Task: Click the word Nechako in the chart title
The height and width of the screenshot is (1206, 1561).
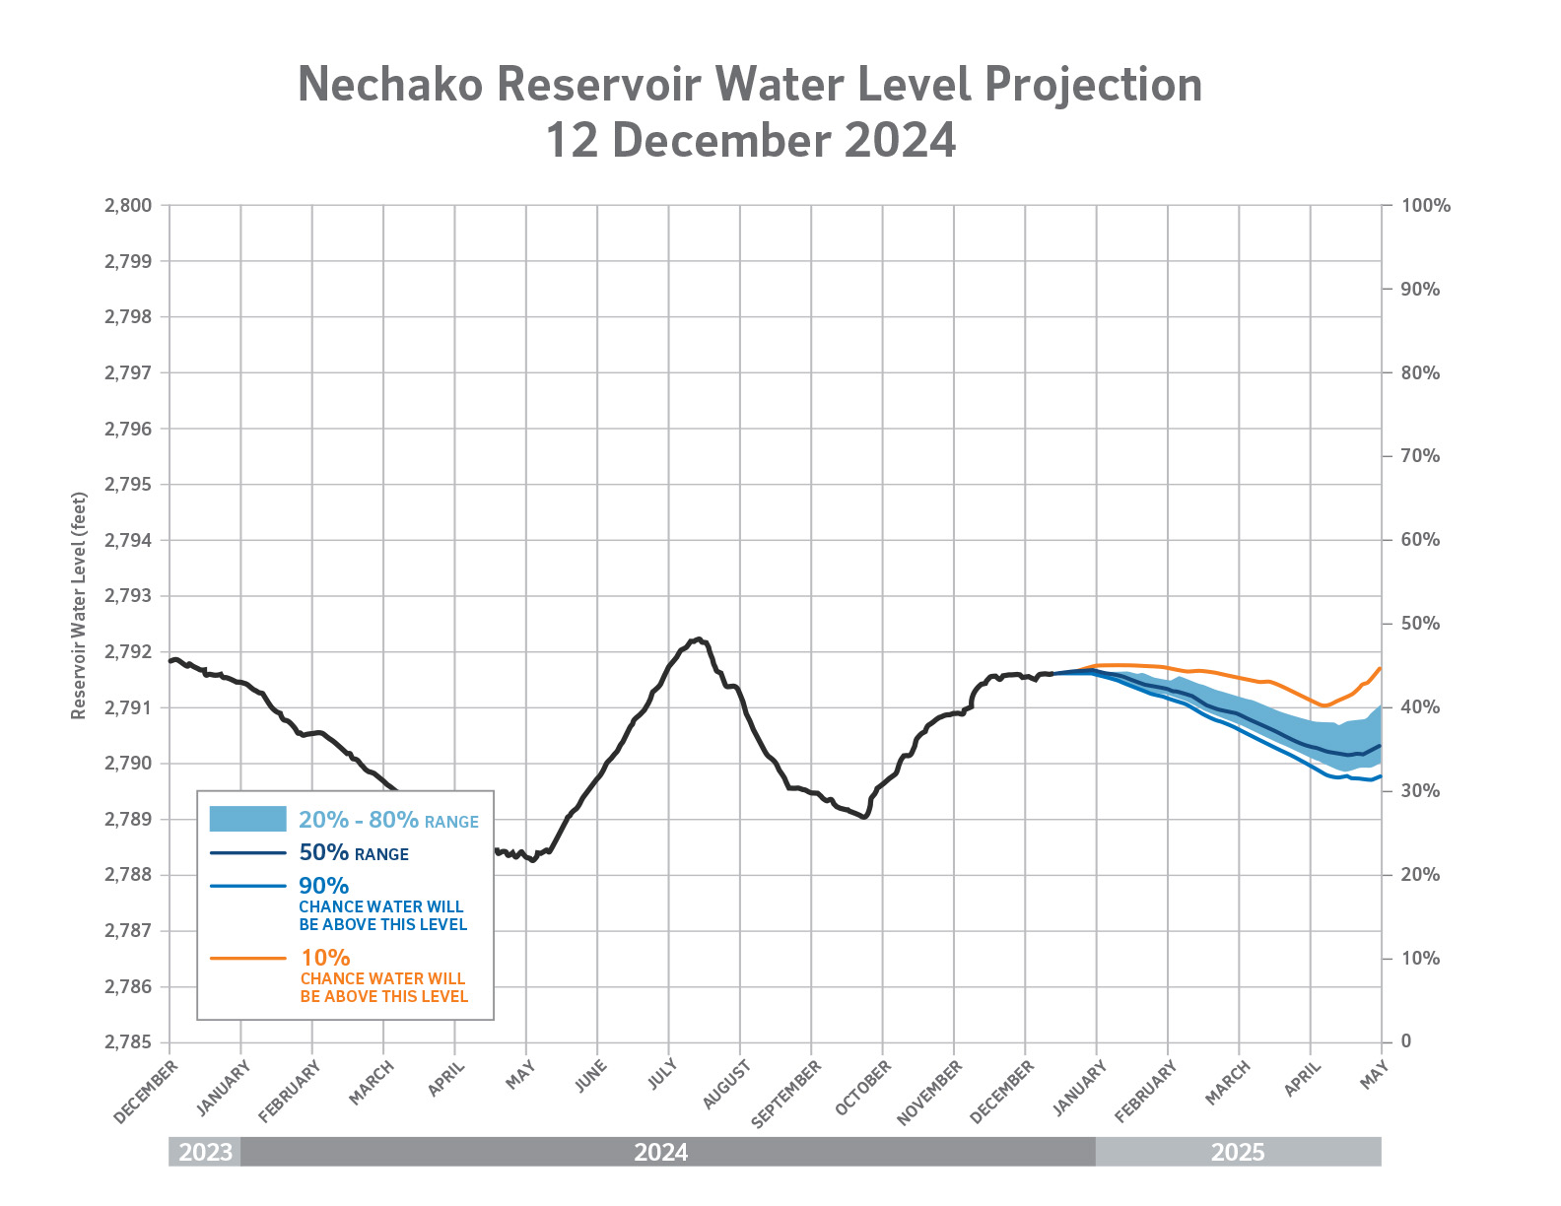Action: pyautogui.click(x=390, y=85)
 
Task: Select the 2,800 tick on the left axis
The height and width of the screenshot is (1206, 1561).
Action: pyautogui.click(x=127, y=206)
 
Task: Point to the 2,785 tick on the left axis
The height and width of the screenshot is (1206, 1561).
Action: pyautogui.click(x=127, y=1042)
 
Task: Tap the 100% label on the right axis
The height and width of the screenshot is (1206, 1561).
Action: pyautogui.click(x=1426, y=206)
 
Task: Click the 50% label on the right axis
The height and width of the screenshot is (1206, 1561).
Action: pyautogui.click(x=1419, y=624)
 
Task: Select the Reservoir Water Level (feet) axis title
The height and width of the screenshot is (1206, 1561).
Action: pyautogui.click(x=79, y=606)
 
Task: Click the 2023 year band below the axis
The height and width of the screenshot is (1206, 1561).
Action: pyautogui.click(x=205, y=1152)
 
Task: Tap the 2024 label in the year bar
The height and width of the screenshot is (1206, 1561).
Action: pyautogui.click(x=660, y=1152)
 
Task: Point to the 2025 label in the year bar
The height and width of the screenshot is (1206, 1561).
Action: pyautogui.click(x=1237, y=1152)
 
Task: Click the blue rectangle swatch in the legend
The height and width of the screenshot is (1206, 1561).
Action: pyautogui.click(x=247, y=819)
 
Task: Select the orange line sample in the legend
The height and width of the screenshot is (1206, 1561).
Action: pyautogui.click(x=247, y=958)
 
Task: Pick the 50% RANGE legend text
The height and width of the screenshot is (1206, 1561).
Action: pyautogui.click(x=354, y=853)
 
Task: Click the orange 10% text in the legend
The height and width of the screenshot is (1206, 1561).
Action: pyautogui.click(x=325, y=958)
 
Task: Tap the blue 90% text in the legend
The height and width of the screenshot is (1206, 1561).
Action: pyautogui.click(x=324, y=886)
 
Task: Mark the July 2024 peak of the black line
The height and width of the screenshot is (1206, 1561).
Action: pyautogui.click(x=698, y=638)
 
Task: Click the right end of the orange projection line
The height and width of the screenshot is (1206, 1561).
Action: pyautogui.click(x=1380, y=668)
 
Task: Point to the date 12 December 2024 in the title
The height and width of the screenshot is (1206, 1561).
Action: pyautogui.click(x=750, y=140)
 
